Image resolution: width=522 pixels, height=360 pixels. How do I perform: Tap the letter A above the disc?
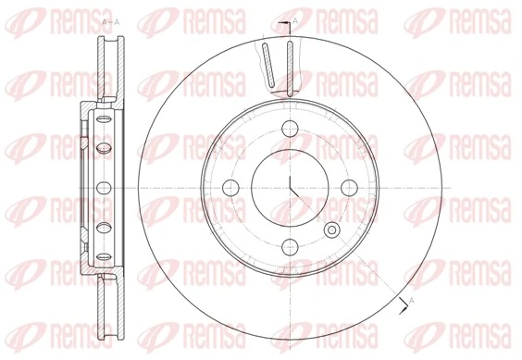[294, 20]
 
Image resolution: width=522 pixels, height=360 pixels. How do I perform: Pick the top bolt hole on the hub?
[290, 129]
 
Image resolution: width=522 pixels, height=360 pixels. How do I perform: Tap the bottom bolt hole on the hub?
[290, 245]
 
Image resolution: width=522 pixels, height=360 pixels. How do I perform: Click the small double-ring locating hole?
[330, 228]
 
